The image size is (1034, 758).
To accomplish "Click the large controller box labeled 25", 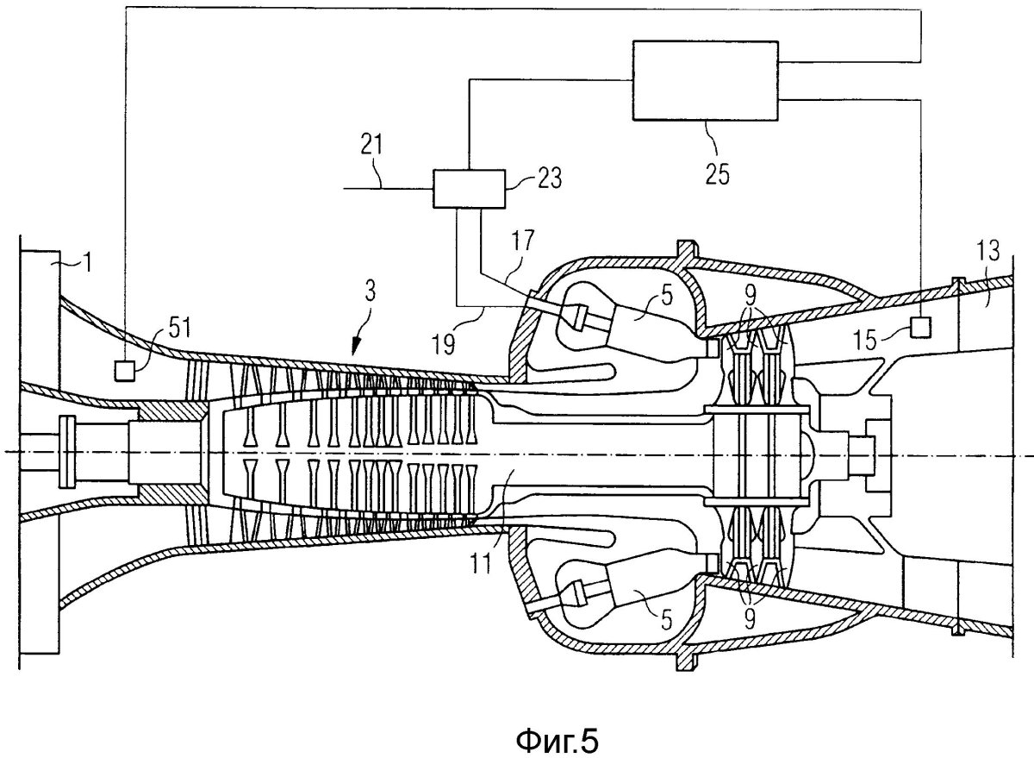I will coord(706,81).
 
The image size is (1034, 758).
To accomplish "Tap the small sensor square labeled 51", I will coord(125,369).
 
